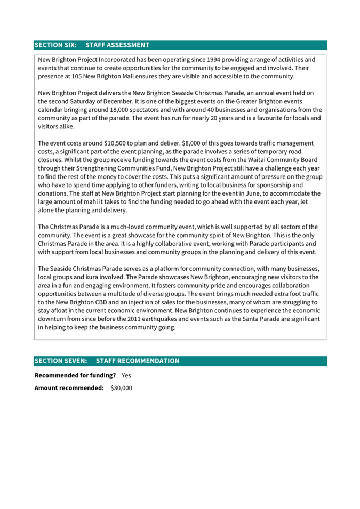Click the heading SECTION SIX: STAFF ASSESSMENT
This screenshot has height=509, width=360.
[x=92, y=45]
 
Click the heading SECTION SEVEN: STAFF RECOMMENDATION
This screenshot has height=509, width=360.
[x=107, y=361]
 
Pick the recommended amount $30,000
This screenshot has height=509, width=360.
[x=121, y=388]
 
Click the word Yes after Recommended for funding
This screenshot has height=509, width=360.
[x=126, y=375]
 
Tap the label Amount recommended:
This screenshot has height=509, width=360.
[x=69, y=388]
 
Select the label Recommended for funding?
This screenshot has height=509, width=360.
[x=75, y=375]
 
